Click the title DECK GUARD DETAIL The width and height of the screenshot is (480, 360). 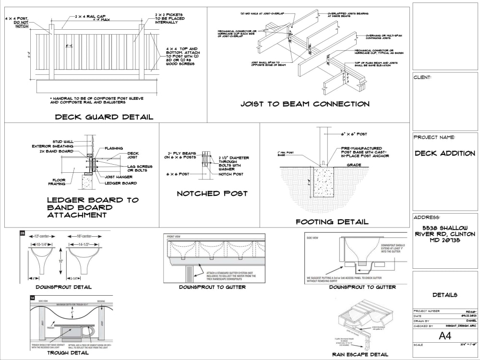104,117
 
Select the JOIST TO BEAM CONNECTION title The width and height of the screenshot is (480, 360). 305,104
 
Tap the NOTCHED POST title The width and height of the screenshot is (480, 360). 212,193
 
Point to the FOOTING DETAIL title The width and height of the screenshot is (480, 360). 332,222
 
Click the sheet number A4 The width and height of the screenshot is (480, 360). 445,336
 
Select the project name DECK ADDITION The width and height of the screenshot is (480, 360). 445,154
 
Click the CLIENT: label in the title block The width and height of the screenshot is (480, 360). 422,77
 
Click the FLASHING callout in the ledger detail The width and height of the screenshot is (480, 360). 114,148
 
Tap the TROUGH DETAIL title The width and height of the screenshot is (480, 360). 68,353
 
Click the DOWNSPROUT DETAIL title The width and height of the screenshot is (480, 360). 63,287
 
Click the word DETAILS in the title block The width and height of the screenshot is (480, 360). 444,295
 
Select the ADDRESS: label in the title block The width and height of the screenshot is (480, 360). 427,217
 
